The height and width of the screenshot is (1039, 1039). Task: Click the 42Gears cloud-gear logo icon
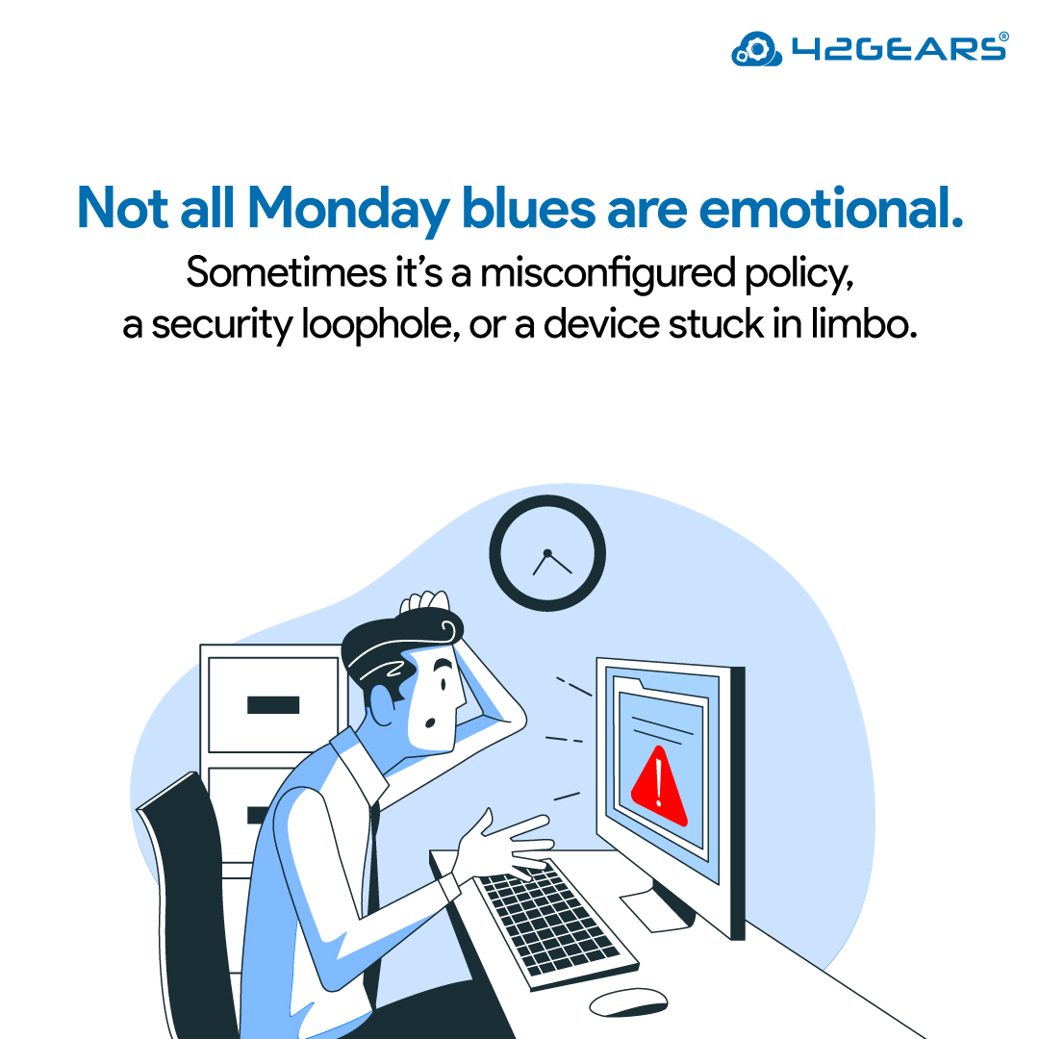point(752,48)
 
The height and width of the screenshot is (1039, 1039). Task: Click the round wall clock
point(546,554)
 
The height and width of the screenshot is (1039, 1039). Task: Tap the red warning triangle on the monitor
point(658,786)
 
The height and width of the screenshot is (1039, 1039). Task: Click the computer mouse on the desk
point(627,1001)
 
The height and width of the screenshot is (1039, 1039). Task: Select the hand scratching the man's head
point(423,602)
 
